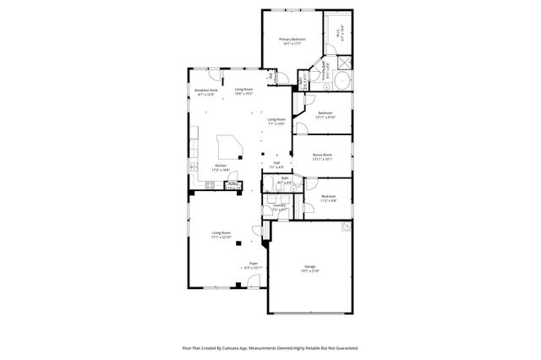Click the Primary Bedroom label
click(x=292, y=41)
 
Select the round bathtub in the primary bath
click(x=342, y=82)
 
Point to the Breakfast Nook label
click(x=207, y=92)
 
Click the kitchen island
click(x=229, y=146)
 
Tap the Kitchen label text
click(x=221, y=166)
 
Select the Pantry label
click(x=233, y=185)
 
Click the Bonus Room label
click(x=322, y=155)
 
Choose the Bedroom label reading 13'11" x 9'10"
click(x=325, y=114)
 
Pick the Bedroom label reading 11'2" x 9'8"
click(x=329, y=198)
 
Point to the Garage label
click(x=310, y=268)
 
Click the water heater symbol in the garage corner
click(x=345, y=226)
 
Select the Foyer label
click(x=254, y=265)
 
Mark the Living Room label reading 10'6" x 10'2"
click(x=244, y=90)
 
